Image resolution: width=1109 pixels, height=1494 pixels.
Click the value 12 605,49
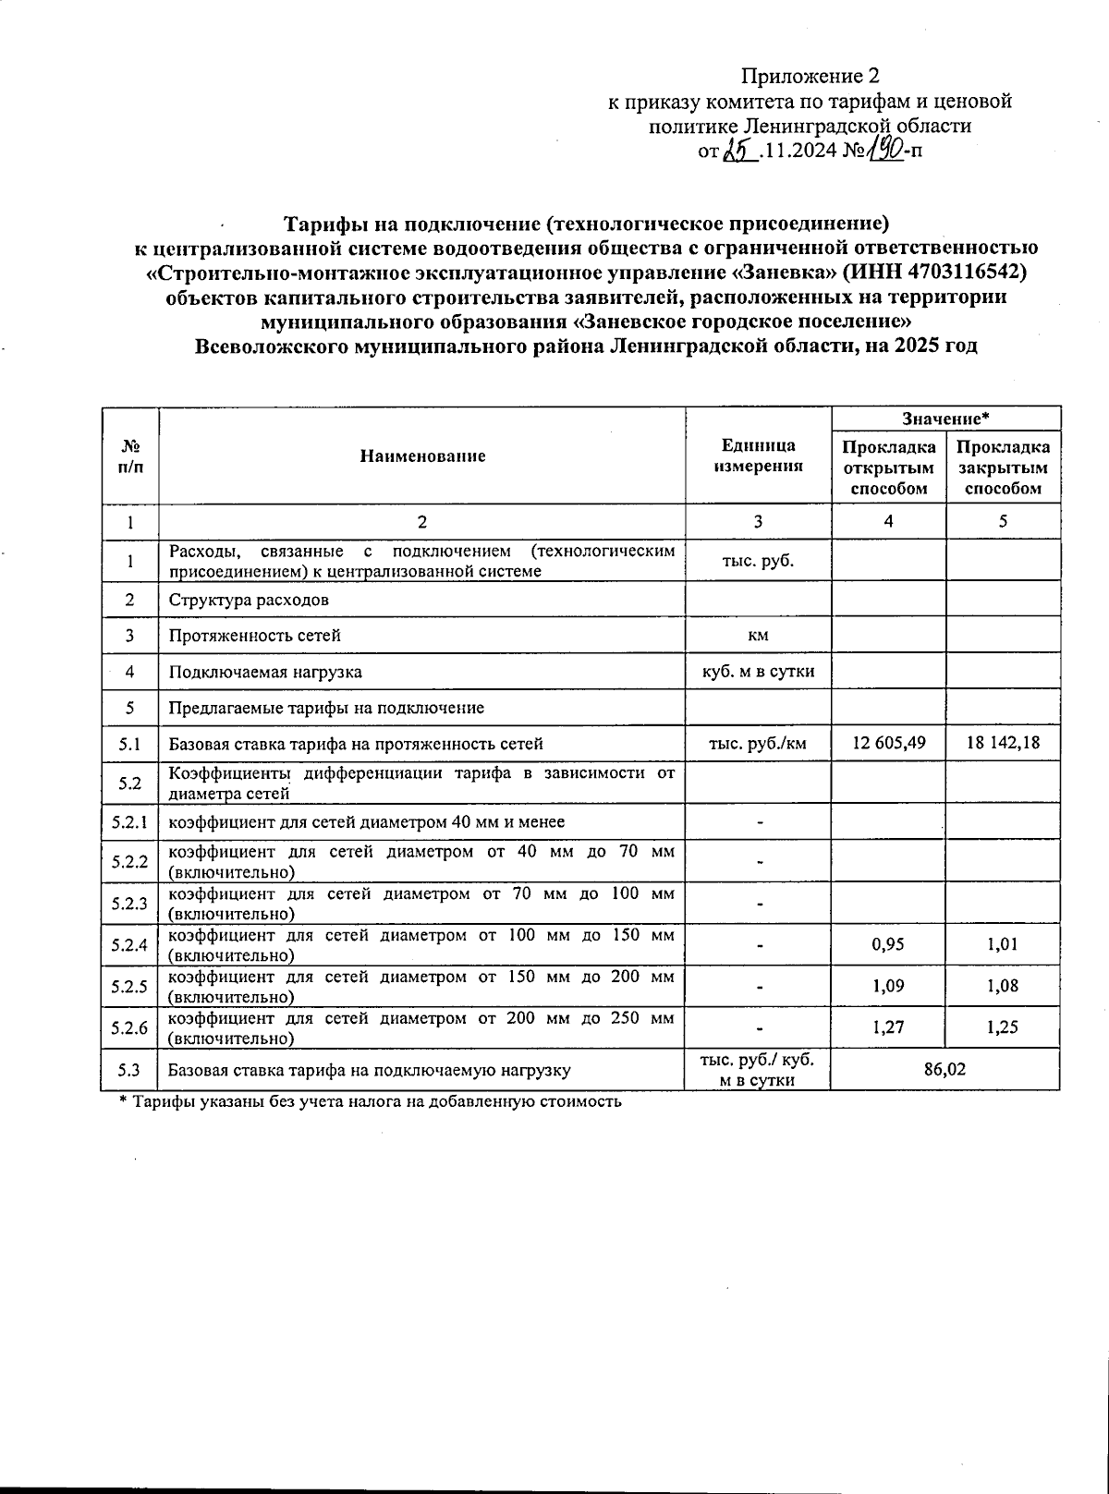pos(888,743)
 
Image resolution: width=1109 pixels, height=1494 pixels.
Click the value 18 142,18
pos(1003,743)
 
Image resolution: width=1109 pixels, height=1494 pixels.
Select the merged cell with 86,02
pos(944,1069)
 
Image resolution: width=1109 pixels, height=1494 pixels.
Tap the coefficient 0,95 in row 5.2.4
pos(888,944)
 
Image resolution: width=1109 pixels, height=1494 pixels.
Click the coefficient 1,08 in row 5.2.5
pos(1003,986)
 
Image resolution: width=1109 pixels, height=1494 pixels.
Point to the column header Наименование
pos(422,455)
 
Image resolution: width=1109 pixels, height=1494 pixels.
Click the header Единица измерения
pos(758,455)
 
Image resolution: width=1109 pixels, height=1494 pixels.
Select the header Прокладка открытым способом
pos(888,468)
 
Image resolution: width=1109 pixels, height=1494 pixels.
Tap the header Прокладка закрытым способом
pos(1003,468)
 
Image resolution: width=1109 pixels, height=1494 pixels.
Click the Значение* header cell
pos(945,419)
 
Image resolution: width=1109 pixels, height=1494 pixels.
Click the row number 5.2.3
pos(129,903)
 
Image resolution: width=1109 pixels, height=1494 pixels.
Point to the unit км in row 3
pos(758,636)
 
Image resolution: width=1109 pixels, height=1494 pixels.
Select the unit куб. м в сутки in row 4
pos(758,671)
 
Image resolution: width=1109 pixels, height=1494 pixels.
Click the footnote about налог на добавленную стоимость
pos(371,1101)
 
